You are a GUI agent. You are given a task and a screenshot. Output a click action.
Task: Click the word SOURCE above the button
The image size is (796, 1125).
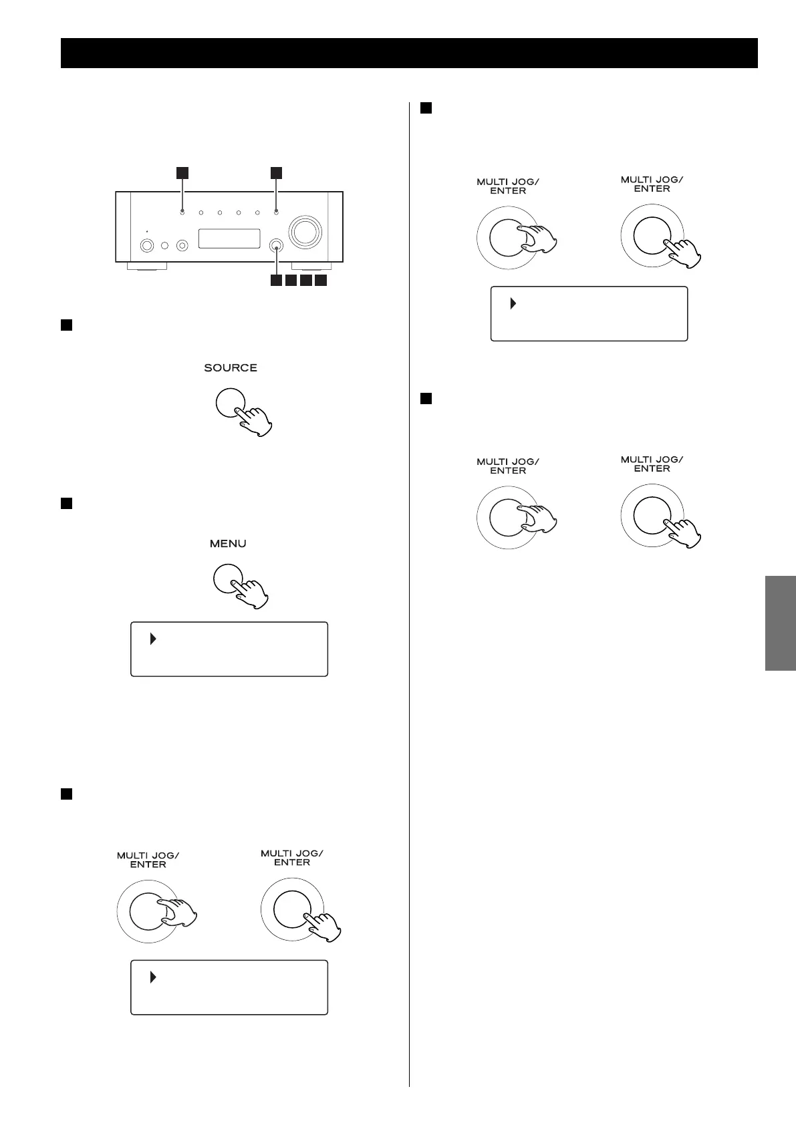click(231, 368)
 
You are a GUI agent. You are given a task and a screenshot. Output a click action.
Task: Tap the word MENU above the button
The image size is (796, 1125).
click(228, 544)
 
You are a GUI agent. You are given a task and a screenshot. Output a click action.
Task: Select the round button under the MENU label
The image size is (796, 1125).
click(227, 579)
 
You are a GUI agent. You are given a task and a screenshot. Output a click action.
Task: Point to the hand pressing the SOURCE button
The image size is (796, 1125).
click(255, 420)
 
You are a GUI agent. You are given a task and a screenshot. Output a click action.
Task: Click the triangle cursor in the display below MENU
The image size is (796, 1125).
click(153, 639)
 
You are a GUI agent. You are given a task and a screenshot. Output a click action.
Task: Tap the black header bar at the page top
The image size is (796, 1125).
click(409, 53)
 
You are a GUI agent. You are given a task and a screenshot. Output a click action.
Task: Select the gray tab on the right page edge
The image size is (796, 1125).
click(781, 623)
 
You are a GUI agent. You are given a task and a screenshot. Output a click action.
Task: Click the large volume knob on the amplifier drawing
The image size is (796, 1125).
click(305, 231)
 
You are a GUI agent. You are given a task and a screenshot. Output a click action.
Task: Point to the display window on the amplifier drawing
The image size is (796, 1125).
click(229, 238)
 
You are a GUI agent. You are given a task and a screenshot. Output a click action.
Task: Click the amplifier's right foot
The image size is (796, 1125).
click(311, 266)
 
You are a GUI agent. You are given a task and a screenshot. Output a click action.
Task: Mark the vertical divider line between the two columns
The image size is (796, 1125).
click(409, 601)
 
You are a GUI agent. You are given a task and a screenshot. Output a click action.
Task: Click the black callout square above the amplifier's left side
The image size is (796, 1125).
click(182, 173)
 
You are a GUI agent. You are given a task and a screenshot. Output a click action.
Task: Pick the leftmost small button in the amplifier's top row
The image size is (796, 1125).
click(182, 213)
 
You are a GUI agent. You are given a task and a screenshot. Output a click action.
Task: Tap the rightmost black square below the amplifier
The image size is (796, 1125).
click(321, 281)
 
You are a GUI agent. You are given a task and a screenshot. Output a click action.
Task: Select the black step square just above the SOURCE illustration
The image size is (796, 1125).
click(66, 325)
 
